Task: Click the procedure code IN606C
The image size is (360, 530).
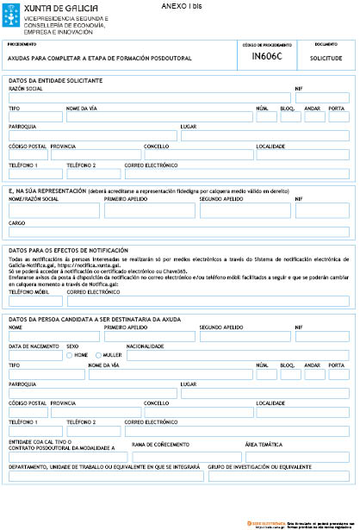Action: pyautogui.click(x=264, y=58)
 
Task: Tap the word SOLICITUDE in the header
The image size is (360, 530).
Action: pyautogui.click(x=326, y=58)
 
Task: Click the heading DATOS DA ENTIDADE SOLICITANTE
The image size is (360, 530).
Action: pyautogui.click(x=55, y=80)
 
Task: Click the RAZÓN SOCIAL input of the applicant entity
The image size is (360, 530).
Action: pyautogui.click(x=148, y=98)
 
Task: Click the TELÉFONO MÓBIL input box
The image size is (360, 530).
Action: pyautogui.click(x=34, y=301)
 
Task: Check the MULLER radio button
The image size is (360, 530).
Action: pyautogui.click(x=98, y=355)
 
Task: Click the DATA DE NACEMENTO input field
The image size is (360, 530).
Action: pyautogui.click(x=34, y=355)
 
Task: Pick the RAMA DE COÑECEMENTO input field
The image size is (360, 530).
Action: pyautogui.click(x=185, y=454)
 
